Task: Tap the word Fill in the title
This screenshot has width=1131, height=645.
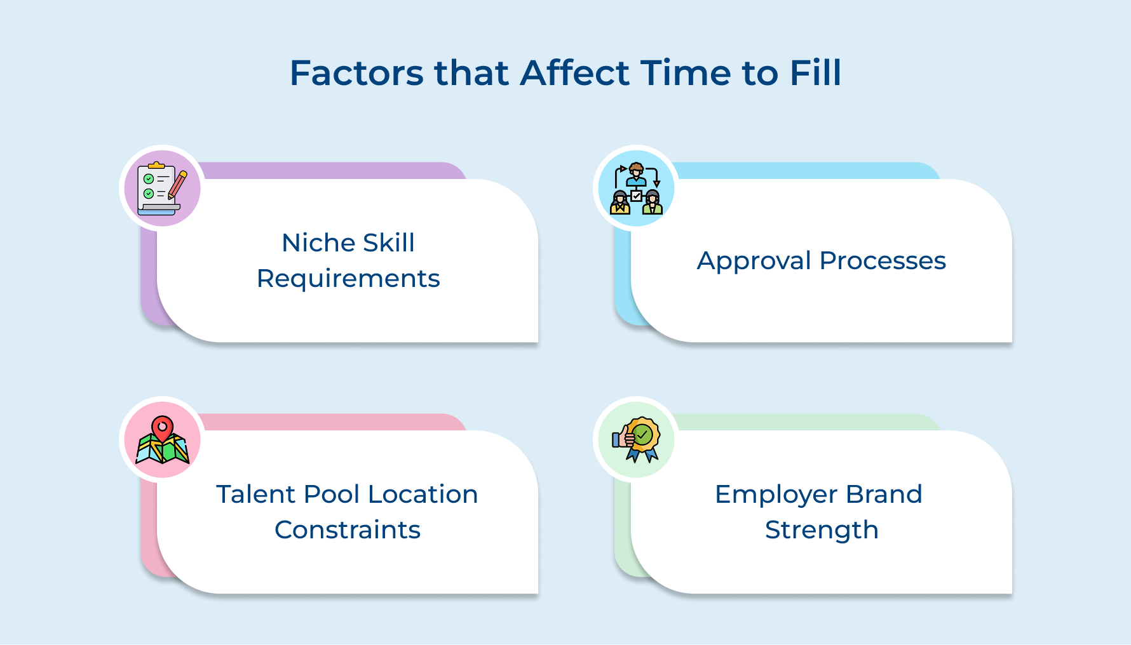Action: tap(815, 73)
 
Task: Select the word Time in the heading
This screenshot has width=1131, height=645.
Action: tap(686, 73)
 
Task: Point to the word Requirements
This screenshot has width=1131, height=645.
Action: tap(348, 279)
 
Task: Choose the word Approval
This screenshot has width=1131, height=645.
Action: tap(754, 261)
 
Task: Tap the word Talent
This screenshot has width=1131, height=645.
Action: tap(256, 495)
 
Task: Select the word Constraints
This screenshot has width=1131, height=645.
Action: tap(348, 530)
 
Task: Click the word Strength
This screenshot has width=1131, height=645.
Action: tap(822, 530)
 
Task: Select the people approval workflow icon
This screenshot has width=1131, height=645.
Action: tap(636, 189)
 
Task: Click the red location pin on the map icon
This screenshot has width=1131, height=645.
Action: tap(163, 427)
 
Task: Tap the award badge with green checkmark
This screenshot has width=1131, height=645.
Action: tap(642, 437)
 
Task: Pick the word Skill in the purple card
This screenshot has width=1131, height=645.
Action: tap(388, 243)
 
